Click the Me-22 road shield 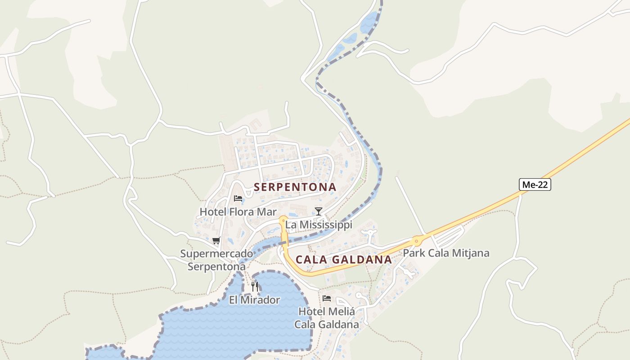pyautogui.click(x=535, y=184)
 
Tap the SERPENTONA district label pyautogui.click(x=295, y=187)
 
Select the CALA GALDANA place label pyautogui.click(x=344, y=260)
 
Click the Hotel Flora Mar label pyautogui.click(x=238, y=211)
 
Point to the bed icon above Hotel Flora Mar pyautogui.click(x=238, y=198)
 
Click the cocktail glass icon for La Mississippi pyautogui.click(x=319, y=211)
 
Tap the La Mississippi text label pyautogui.click(x=319, y=225)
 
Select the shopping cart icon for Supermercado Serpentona pyautogui.click(x=216, y=240)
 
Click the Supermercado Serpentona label pyautogui.click(x=216, y=260)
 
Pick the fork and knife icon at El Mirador pyautogui.click(x=255, y=287)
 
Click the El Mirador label pyautogui.click(x=254, y=300)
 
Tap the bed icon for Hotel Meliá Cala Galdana pyautogui.click(x=327, y=298)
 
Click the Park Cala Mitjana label pyautogui.click(x=446, y=253)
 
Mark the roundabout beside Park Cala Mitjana pyautogui.click(x=417, y=241)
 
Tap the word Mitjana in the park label pyautogui.click(x=471, y=253)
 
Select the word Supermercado pyautogui.click(x=216, y=254)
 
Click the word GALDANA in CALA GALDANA pyautogui.click(x=362, y=260)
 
